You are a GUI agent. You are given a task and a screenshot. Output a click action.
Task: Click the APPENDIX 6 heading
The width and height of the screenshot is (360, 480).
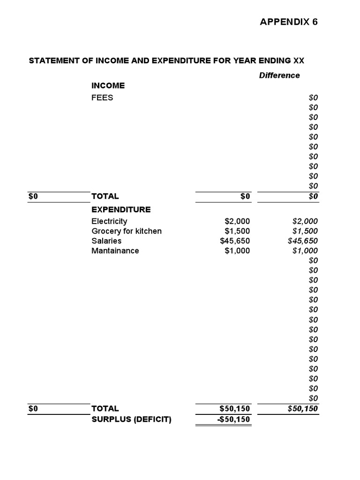289,22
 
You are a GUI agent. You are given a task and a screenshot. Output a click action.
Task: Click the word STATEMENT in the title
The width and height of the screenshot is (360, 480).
52,61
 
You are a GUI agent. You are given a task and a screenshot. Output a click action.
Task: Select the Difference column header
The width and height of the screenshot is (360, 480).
279,75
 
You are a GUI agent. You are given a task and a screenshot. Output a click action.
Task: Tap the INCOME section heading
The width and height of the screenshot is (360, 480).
108,85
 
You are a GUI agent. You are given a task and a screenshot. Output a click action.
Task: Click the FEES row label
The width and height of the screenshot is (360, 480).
102,97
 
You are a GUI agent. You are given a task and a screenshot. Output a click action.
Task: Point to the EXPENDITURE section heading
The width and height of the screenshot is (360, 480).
121,209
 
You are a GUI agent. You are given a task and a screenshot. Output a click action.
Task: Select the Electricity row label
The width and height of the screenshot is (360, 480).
109,221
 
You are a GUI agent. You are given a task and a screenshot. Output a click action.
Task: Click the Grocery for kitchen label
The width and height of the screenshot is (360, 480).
127,231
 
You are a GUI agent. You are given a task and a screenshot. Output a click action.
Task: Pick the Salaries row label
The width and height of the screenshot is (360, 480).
106,241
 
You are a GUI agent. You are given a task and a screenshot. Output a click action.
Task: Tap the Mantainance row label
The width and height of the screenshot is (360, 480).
115,251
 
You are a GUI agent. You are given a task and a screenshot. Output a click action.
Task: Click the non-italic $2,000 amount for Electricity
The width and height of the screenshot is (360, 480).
237,221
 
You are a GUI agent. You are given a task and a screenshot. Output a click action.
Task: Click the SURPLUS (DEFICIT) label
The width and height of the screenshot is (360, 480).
131,420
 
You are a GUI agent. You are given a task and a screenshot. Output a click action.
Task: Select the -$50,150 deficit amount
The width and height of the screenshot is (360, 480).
234,420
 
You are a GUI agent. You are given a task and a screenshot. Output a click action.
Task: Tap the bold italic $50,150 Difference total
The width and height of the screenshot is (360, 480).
302,409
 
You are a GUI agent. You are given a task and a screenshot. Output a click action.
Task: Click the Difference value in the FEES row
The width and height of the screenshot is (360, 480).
313,97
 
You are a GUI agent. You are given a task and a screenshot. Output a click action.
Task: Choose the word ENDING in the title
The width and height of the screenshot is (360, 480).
274,61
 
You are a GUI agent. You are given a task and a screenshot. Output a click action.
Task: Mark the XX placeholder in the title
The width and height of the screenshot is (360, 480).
299,61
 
